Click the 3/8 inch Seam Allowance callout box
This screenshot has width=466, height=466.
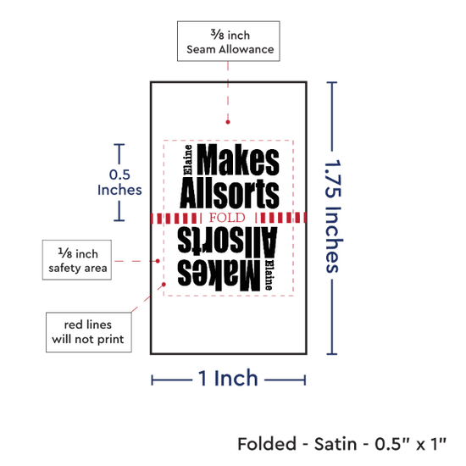pos(228,41)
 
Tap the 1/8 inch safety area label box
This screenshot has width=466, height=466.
pos(77,260)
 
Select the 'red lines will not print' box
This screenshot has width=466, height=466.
pos(89,332)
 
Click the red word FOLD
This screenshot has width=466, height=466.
pos(227,218)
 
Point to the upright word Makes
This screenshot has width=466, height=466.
pos(238,160)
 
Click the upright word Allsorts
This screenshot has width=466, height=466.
pos(230,193)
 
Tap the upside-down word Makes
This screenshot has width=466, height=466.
pos(219,275)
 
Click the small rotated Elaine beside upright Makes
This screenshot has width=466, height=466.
pos(188,159)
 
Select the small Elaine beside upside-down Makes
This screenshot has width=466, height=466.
pos(269,275)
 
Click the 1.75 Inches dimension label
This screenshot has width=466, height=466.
pos(334,216)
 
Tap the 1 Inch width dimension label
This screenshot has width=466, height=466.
pos(228,378)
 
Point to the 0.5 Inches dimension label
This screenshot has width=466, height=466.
pos(119,182)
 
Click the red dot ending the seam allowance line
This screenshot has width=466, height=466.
pos(228,122)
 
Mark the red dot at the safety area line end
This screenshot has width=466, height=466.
pos(158,261)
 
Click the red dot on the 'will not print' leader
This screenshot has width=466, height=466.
pos(164,285)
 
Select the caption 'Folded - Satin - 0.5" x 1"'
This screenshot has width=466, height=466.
pos(341,444)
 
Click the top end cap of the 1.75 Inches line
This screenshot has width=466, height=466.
pos(331,82)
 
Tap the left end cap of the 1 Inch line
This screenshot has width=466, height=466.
pos(152,380)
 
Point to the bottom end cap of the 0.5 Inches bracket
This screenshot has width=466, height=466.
pos(119,220)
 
